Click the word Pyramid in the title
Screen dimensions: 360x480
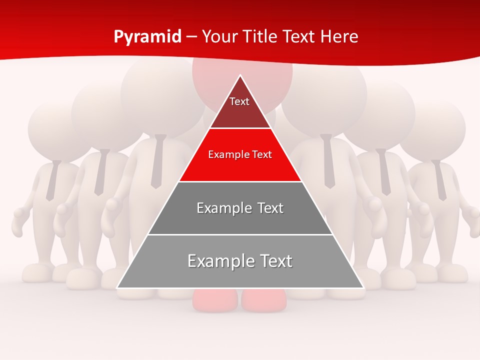tap(147, 36)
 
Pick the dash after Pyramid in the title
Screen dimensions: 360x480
tap(191, 37)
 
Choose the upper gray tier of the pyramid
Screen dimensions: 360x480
tap(240, 208)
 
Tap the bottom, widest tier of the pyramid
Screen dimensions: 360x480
tap(240, 261)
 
